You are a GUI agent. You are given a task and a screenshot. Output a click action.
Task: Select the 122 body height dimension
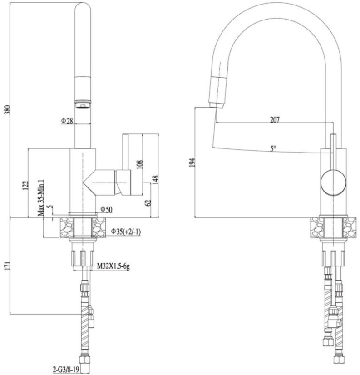coord(25,185)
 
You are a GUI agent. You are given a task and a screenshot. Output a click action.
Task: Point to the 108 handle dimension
coord(139,163)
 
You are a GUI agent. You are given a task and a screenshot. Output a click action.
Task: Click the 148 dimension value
coord(155,180)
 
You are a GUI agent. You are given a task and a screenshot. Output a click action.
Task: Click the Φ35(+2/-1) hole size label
coord(126,232)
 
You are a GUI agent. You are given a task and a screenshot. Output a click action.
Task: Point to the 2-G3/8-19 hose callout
coord(67,369)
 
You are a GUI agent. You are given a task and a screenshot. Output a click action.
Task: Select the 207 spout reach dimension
coord(274,120)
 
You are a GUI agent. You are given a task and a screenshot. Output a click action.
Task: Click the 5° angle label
coord(273,148)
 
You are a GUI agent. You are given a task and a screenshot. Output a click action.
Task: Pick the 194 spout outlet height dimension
coord(192,163)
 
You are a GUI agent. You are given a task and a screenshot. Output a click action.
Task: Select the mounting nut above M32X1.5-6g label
coord(83,259)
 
